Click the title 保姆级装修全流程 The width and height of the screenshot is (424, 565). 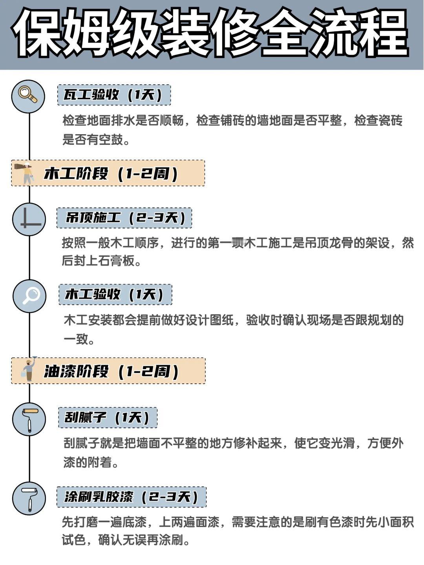[212, 35]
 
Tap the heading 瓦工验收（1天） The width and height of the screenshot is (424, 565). [114, 95]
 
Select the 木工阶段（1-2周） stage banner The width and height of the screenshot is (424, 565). [108, 173]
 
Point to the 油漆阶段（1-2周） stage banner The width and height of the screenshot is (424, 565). [108, 371]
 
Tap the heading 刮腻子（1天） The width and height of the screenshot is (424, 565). [108, 417]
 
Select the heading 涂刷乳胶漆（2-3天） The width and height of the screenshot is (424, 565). [131, 497]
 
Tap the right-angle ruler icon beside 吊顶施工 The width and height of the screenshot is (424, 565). [29, 219]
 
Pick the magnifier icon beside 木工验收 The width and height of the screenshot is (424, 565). [29, 296]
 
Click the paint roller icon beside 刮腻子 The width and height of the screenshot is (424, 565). [29, 419]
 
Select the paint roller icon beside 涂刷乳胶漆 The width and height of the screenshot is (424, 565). [29, 499]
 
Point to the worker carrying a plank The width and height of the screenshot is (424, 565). [26, 173]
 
